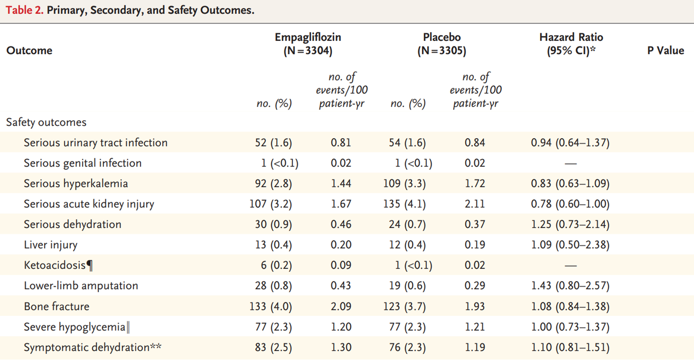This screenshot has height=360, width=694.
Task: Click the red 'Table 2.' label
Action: pos(24,10)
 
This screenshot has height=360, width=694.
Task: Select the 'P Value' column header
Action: pos(665,51)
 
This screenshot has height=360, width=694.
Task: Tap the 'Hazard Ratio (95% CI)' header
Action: pos(571,44)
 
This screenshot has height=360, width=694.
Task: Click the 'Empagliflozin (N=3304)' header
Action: pos(308,44)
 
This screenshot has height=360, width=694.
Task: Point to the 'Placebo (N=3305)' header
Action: pos(441,44)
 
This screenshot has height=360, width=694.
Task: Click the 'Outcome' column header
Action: pos(29,51)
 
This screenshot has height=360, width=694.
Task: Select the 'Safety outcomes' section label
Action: pos(46,122)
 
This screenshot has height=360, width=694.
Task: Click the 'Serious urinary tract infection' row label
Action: pos(95,143)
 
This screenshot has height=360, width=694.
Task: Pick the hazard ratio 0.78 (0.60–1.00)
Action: pos(570,204)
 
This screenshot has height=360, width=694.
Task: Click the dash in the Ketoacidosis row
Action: pos(570,266)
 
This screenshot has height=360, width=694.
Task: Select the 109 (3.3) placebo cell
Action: pos(404,184)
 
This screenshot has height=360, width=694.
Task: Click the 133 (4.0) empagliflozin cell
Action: pos(271,307)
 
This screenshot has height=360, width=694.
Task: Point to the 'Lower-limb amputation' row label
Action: pos(81,286)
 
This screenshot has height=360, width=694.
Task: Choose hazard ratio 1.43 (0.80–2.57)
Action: pos(570,286)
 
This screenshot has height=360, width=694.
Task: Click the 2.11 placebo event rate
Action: pos(475,204)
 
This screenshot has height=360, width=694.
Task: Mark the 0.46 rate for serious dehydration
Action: pos(341,225)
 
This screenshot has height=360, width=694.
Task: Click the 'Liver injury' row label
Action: pos(51,245)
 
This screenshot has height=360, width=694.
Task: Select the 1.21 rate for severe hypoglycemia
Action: pos(475,327)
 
